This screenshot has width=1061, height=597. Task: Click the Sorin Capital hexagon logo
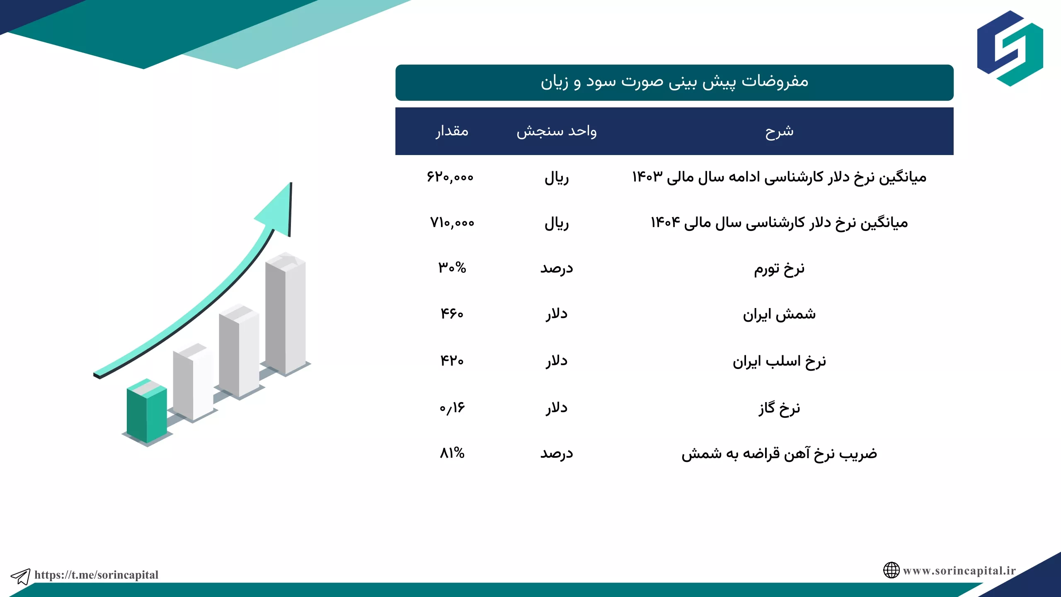(1010, 49)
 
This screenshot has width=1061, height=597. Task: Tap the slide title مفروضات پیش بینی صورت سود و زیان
(674, 82)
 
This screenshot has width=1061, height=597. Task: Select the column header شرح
(779, 131)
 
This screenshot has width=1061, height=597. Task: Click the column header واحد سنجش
(557, 131)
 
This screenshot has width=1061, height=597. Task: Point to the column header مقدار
(452, 131)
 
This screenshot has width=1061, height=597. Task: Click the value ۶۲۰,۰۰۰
(450, 177)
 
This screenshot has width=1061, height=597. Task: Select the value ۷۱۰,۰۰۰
(452, 223)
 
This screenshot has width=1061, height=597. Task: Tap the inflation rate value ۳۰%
(452, 268)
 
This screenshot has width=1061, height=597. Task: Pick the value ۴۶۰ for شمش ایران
(452, 313)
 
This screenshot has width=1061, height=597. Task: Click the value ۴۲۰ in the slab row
(452, 360)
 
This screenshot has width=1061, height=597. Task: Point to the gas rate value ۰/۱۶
(452, 408)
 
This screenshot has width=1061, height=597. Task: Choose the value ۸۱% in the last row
(452, 453)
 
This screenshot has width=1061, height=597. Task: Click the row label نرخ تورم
(779, 269)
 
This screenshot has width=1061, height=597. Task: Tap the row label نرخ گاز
(779, 408)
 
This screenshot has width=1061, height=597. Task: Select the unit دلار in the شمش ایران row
(557, 314)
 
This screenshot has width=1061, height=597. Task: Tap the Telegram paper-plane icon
(20, 576)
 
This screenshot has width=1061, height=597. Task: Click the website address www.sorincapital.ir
(959, 570)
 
